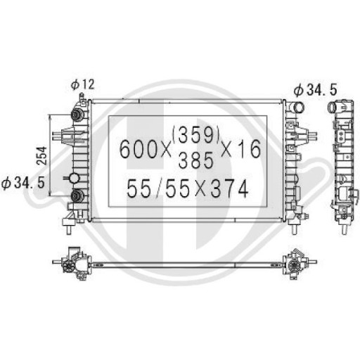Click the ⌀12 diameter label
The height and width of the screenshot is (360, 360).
tap(82, 85)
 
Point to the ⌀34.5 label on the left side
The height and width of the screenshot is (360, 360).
tap(23, 182)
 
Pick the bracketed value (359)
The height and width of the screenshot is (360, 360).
tap(196, 133)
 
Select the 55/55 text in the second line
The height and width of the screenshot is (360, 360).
tap(155, 188)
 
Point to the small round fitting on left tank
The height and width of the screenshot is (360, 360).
tap(72, 179)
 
